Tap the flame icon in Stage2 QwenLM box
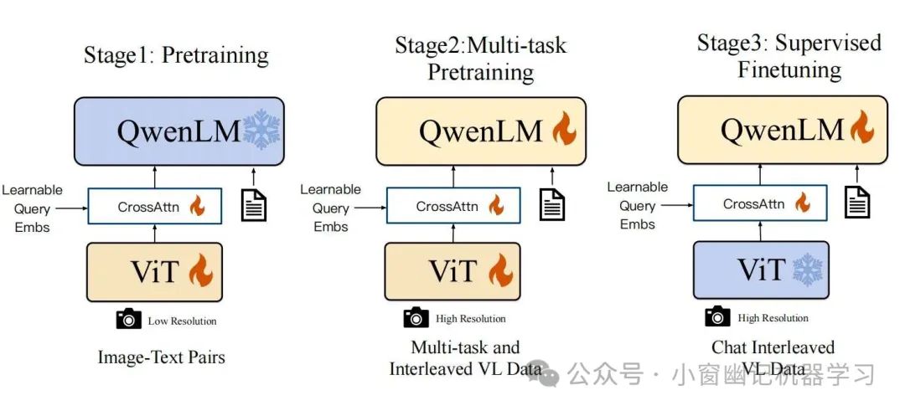click(563, 131)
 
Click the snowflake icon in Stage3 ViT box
click(808, 270)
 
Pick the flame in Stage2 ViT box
click(500, 271)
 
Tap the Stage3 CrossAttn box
click(758, 204)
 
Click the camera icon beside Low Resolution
click(128, 319)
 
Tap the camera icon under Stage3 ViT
click(717, 316)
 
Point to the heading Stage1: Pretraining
click(176, 56)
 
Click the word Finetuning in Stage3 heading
click(789, 69)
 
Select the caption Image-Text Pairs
click(162, 357)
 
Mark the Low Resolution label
click(182, 321)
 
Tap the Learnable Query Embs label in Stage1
click(33, 208)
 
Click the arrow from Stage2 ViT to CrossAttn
click(454, 233)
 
